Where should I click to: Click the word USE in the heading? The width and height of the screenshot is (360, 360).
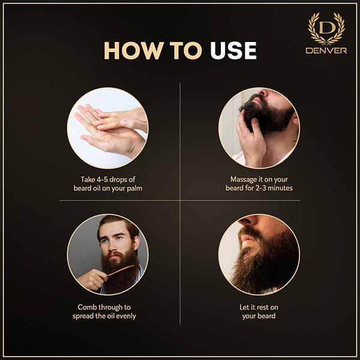tap(233, 50)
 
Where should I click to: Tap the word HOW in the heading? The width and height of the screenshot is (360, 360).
tap(134, 50)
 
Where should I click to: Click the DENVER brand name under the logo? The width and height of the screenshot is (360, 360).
tap(326, 50)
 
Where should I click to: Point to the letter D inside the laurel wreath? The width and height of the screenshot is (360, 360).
tap(326, 28)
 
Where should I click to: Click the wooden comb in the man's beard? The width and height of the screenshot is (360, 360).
tap(121, 270)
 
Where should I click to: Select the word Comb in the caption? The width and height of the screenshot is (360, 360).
tap(86, 307)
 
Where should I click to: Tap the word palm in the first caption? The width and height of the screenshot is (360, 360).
tap(134, 188)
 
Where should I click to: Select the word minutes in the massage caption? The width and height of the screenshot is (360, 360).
tap(280, 188)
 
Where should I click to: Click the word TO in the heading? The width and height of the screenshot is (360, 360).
tap(186, 50)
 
